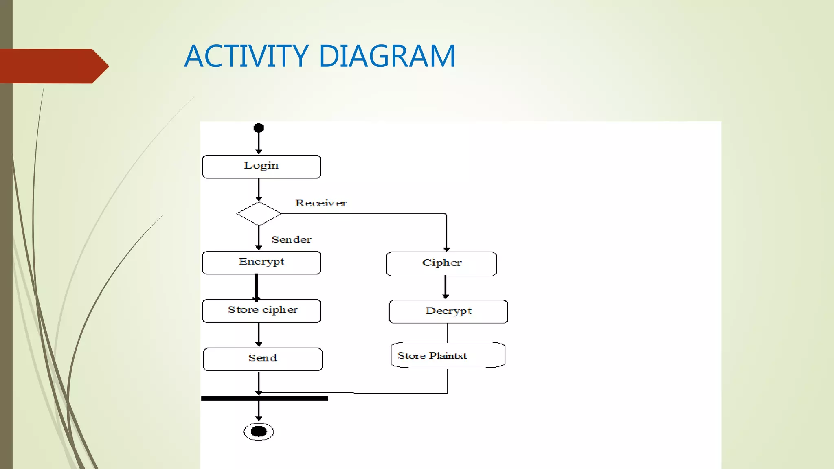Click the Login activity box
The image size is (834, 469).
click(261, 167)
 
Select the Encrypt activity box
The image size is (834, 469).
click(261, 263)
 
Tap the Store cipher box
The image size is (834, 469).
click(261, 311)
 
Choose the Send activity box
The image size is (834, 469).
click(263, 359)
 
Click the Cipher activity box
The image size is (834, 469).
click(441, 264)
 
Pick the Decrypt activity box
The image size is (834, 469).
click(448, 311)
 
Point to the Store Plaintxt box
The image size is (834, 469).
click(448, 355)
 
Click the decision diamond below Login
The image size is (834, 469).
click(259, 214)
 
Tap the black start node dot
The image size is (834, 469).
click(259, 128)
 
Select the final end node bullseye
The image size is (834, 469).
click(259, 432)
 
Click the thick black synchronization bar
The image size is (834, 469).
click(265, 398)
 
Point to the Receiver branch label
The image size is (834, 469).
click(321, 203)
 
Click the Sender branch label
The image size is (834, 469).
click(292, 240)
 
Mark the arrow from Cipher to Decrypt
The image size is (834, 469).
click(446, 287)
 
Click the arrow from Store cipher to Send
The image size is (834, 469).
click(259, 335)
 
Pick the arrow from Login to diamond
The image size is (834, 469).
click(259, 190)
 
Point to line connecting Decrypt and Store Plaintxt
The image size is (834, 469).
click(448, 333)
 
